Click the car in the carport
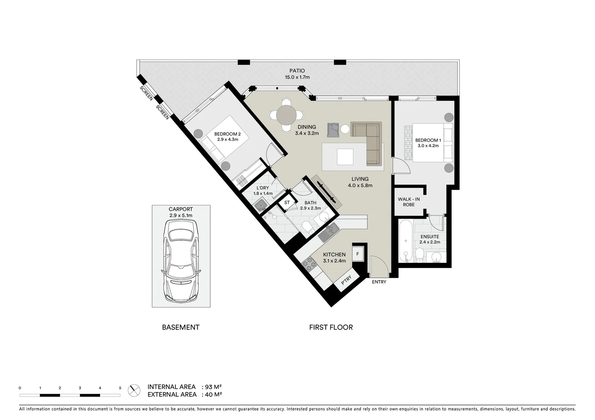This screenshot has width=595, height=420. (x=181, y=262)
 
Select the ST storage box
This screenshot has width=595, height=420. (x=287, y=203)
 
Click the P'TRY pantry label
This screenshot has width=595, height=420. (x=346, y=281)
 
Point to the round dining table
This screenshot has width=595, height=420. (x=286, y=115)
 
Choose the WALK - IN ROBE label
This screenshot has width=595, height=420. (x=409, y=202)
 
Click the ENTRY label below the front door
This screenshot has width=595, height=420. (x=379, y=282)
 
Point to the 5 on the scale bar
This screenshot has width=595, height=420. (x=120, y=388)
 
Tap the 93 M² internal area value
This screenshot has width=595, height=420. (x=213, y=387)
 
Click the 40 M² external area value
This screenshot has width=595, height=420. (x=213, y=395)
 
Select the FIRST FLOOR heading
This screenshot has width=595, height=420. (x=331, y=327)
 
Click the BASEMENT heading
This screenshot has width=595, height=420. (x=181, y=327)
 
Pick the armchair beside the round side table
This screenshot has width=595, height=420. (x=333, y=129)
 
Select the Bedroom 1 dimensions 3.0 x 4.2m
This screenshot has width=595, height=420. (x=428, y=146)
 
